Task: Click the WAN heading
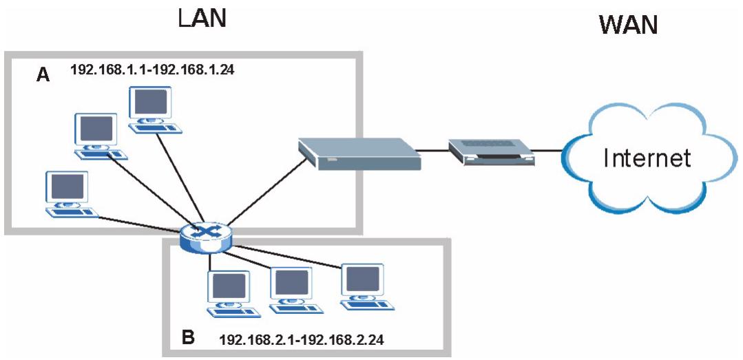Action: pos(628,25)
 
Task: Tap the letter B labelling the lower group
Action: pos(188,337)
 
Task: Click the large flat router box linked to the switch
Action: pos(358,153)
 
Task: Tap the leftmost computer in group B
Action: pos(230,292)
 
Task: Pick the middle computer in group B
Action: pos(292,289)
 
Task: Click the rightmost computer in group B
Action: pos(364,284)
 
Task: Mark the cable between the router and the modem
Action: pos(434,149)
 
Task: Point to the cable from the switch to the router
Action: pos(262,194)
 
